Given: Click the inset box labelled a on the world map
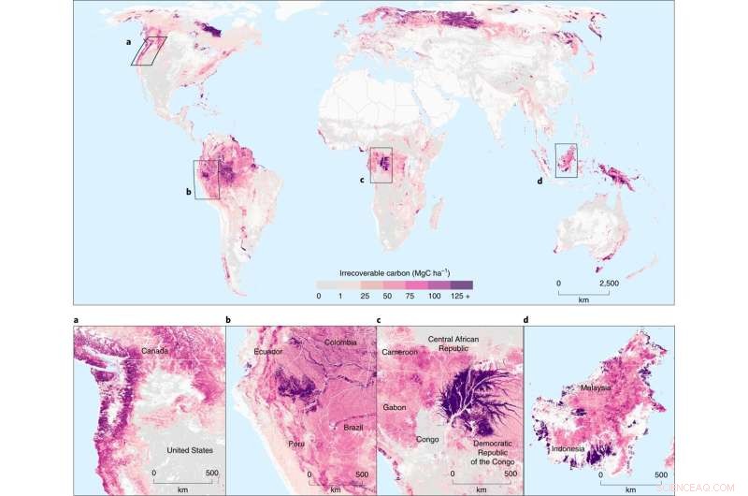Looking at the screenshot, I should click(149, 51).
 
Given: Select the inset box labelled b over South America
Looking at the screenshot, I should click(207, 179).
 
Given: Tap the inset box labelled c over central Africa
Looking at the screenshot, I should click(381, 165).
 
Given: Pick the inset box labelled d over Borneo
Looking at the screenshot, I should click(566, 159).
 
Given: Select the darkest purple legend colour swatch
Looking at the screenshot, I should click(461, 284).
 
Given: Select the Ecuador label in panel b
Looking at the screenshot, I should click(268, 352).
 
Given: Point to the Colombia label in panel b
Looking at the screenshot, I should click(340, 343).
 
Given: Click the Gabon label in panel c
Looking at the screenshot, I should click(396, 407).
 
